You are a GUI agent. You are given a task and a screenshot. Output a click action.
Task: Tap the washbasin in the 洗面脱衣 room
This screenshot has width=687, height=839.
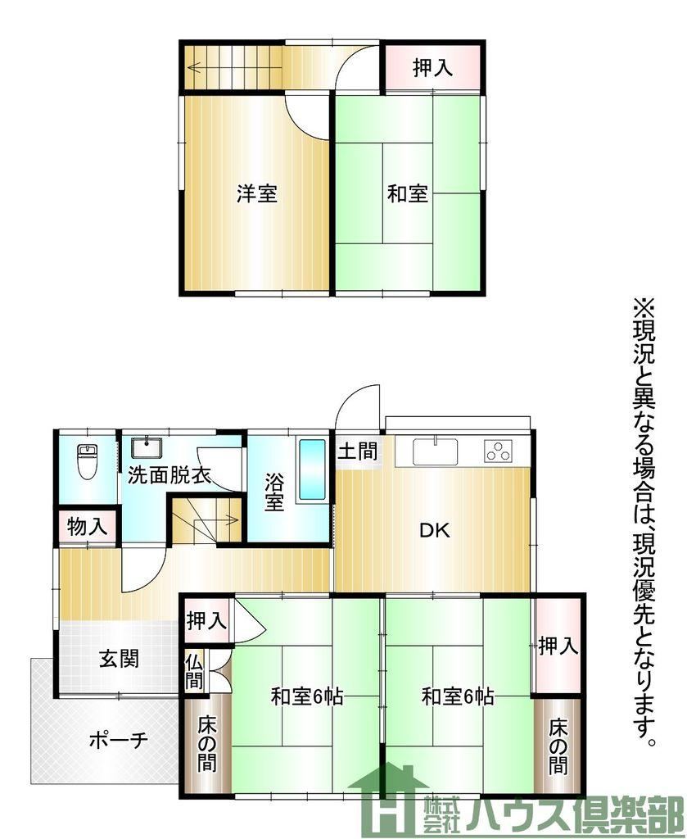(x=147, y=448)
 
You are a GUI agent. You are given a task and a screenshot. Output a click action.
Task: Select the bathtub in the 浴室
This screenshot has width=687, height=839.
(x=312, y=469)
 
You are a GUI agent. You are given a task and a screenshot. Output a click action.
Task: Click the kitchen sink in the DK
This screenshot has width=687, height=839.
(x=435, y=451)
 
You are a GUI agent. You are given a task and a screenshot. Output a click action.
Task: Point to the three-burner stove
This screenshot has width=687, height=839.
(x=499, y=451)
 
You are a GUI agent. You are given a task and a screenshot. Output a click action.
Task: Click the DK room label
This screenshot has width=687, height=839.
(x=434, y=531)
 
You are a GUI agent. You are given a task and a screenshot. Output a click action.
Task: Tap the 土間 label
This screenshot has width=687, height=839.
(x=358, y=451)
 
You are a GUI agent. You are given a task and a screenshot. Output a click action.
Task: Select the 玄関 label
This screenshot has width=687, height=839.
(x=120, y=659)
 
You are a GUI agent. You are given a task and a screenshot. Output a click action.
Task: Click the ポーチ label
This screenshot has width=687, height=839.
(x=118, y=741)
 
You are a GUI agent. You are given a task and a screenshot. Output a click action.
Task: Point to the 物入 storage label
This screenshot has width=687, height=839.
(x=88, y=527)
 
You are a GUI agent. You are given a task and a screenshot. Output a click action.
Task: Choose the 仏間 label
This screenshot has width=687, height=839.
(x=194, y=672)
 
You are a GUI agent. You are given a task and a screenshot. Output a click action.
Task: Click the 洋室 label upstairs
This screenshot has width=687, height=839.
(x=256, y=193)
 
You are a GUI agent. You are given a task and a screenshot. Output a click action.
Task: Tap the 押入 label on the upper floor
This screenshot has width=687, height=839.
(x=433, y=68)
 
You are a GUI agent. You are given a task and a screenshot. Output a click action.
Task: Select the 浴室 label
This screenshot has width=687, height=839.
(x=274, y=492)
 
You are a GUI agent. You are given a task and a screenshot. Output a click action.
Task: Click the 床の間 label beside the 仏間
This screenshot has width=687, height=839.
(x=207, y=744)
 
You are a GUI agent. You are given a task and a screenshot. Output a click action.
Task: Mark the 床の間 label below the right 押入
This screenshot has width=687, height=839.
(x=558, y=747)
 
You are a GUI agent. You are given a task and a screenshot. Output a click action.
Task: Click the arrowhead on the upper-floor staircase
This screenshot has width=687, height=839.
(x=192, y=68)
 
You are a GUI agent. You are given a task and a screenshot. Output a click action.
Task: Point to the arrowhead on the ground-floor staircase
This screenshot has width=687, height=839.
(x=233, y=519)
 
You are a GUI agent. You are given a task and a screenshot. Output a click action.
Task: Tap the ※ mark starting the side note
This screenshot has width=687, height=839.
(x=644, y=309)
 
